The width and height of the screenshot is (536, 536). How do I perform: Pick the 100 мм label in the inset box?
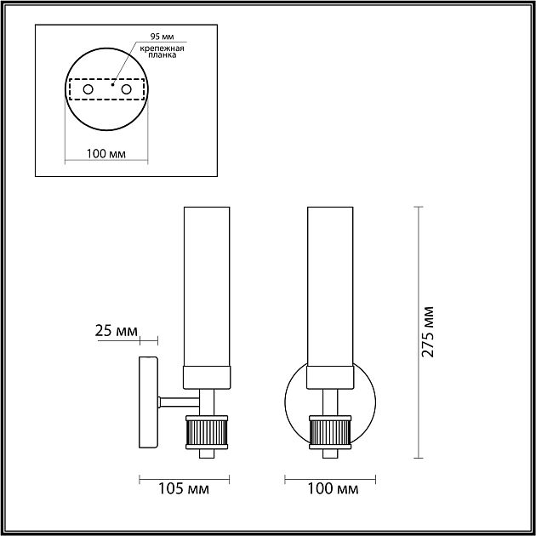[107, 154]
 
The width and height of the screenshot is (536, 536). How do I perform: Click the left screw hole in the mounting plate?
[88, 89]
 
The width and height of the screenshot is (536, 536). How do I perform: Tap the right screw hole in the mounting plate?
[127, 89]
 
